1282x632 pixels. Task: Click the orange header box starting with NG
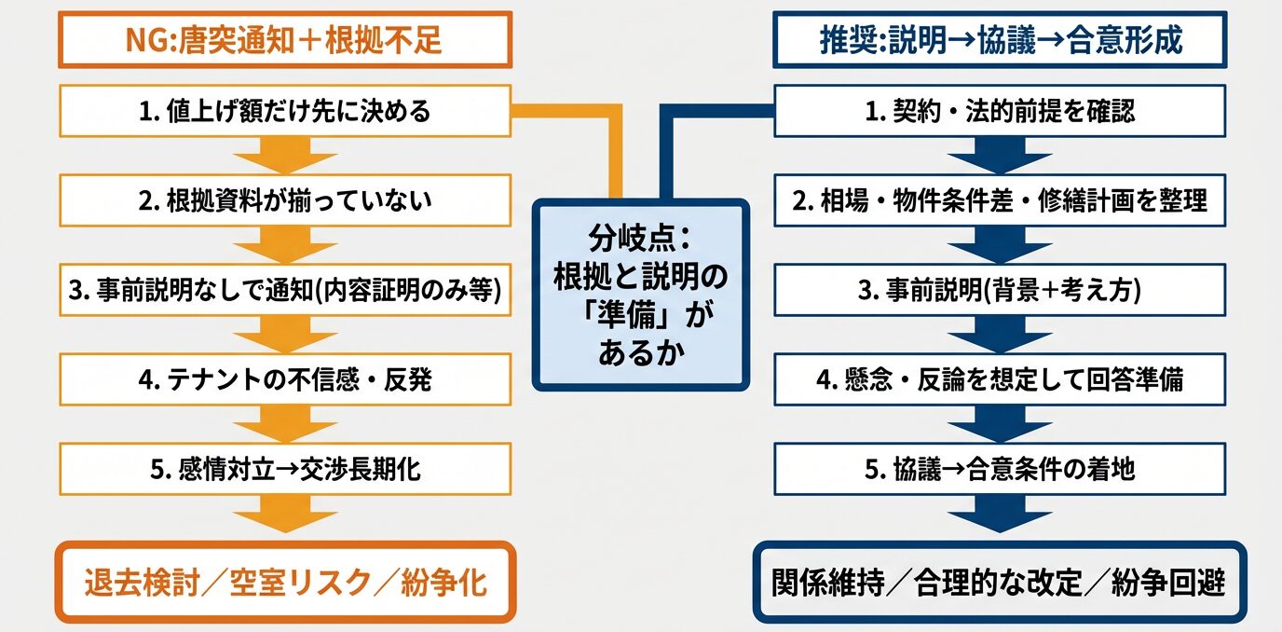pyautogui.click(x=284, y=39)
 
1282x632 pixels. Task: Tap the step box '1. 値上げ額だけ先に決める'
pyautogui.click(x=284, y=113)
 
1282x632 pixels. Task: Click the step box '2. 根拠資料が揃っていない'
pyautogui.click(x=284, y=201)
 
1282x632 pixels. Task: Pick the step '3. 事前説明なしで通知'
pyautogui.click(x=284, y=291)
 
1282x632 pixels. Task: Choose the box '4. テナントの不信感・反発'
pyautogui.click(x=284, y=379)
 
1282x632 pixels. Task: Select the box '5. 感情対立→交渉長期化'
pyautogui.click(x=284, y=468)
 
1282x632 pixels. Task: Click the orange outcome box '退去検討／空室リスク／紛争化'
pyautogui.click(x=284, y=583)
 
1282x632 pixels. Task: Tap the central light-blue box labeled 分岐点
pyautogui.click(x=640, y=294)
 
